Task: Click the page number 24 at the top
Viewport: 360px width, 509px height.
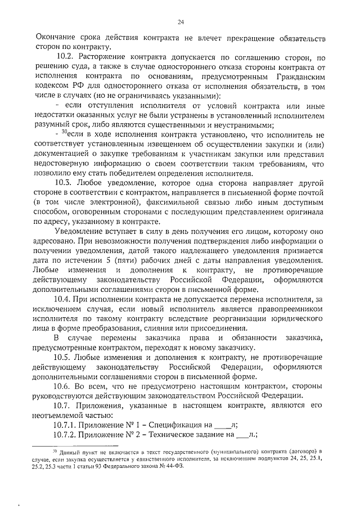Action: point(181,22)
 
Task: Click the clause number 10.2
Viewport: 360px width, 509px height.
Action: point(66,57)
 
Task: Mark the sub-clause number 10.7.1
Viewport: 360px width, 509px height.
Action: point(65,425)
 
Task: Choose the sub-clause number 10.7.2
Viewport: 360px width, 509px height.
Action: point(65,435)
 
